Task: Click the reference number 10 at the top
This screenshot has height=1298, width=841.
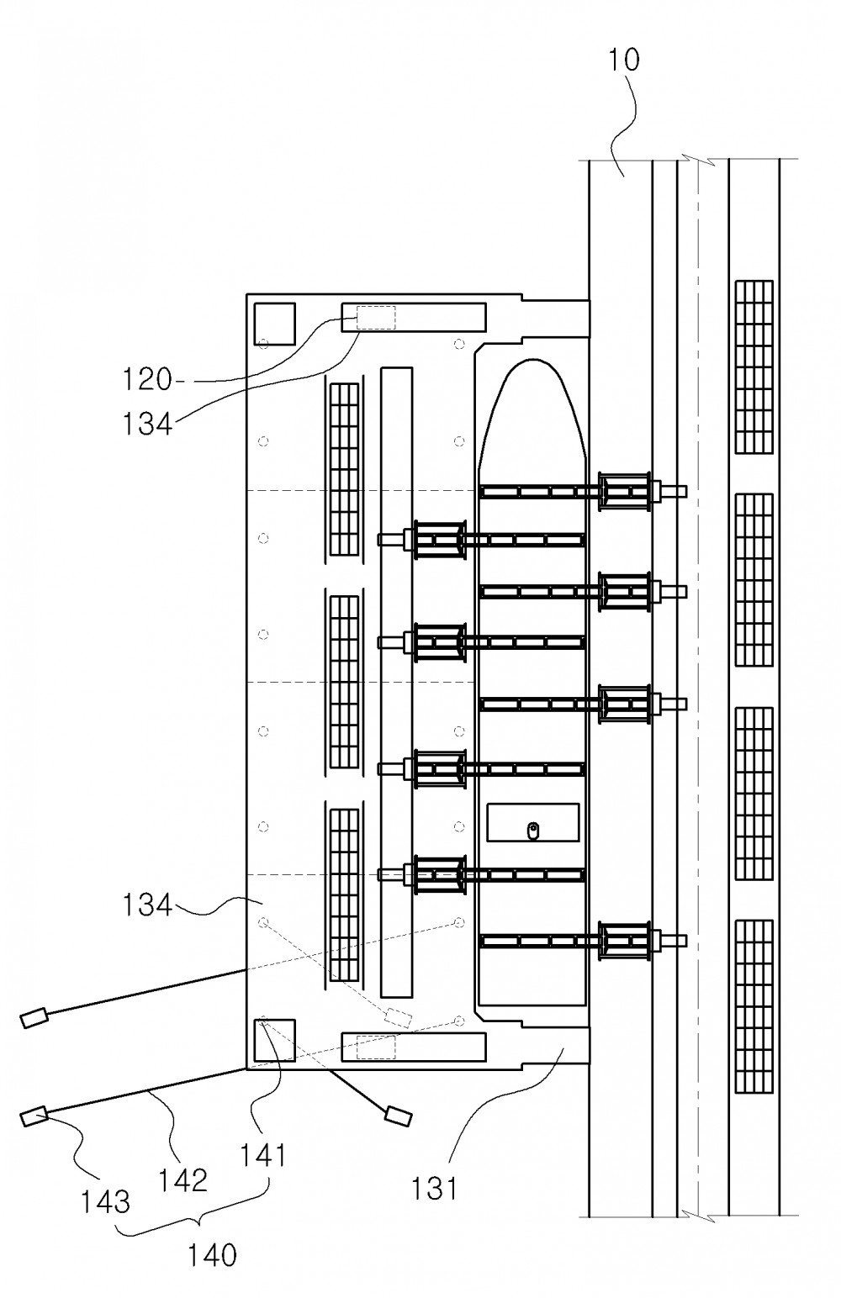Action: tap(624, 61)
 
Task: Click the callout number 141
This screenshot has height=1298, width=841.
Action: tap(263, 1155)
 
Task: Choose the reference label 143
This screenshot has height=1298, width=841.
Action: tap(105, 1201)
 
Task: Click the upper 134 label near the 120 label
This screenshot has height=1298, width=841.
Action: tap(146, 424)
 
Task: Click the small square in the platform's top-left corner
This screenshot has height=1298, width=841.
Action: tap(275, 324)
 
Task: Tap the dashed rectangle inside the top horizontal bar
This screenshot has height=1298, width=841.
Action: tap(376, 318)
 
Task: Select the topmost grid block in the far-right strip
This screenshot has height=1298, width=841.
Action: tap(754, 367)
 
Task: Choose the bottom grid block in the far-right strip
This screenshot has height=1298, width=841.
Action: tap(754, 1006)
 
